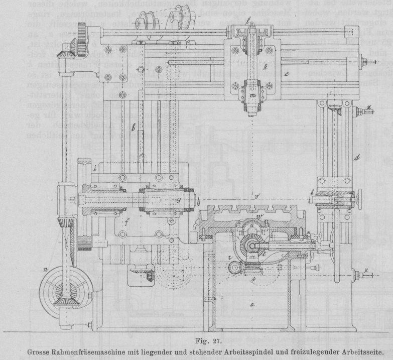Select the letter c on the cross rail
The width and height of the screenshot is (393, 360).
(286, 75)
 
